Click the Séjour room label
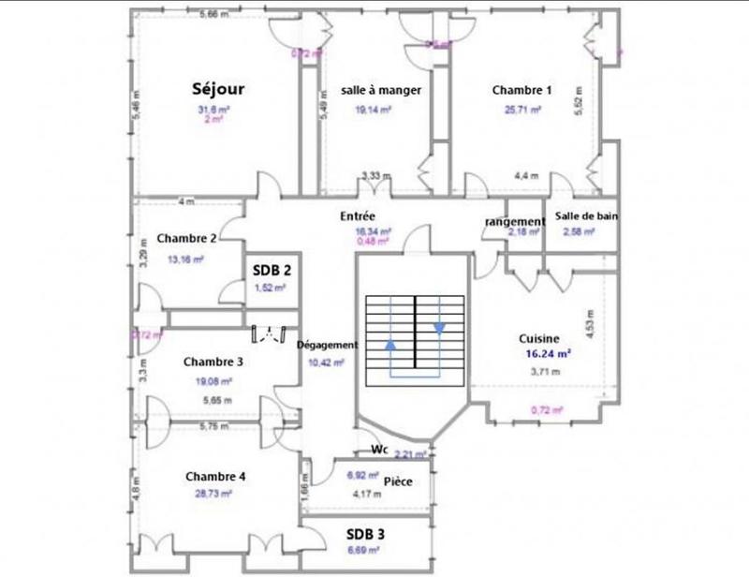click(x=218, y=90)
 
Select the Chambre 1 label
click(x=521, y=91)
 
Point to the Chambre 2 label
click(x=187, y=238)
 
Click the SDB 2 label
click(x=271, y=270)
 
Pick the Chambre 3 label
click(x=213, y=362)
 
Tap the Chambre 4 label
click(x=215, y=476)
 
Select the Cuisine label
click(x=539, y=339)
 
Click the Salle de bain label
click(x=586, y=216)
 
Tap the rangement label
click(x=515, y=222)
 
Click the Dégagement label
click(x=328, y=344)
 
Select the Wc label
click(x=380, y=449)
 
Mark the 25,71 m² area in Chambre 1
click(x=522, y=110)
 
